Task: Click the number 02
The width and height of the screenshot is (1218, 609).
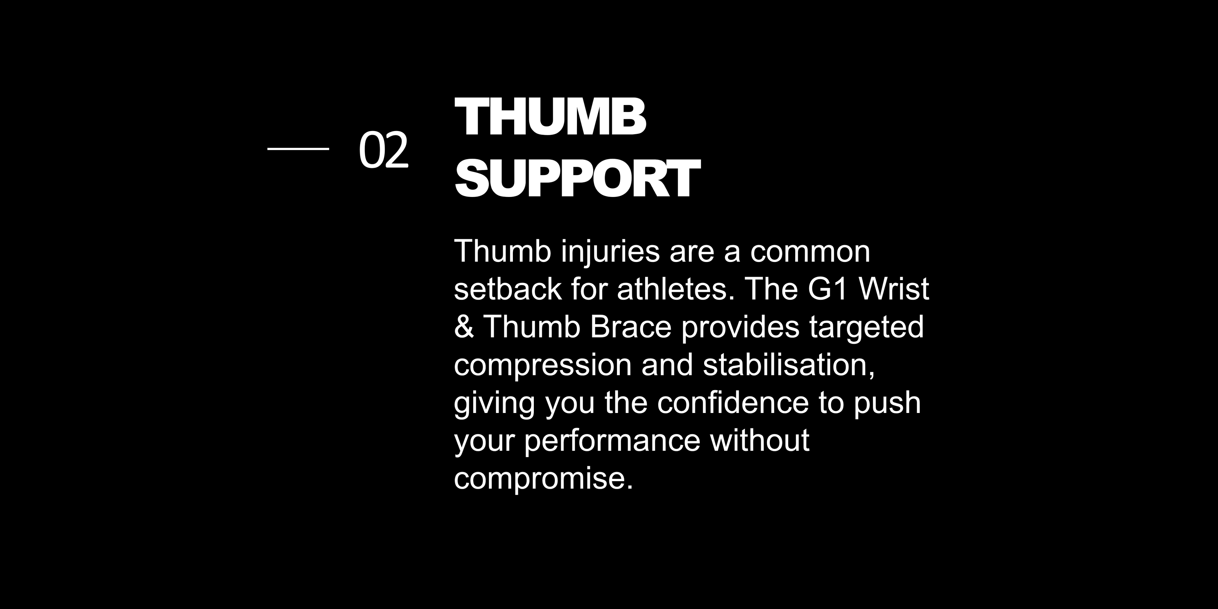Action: tap(383, 149)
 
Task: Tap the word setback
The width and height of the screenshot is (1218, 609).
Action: tap(508, 289)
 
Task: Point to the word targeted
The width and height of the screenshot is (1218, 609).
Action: tap(866, 328)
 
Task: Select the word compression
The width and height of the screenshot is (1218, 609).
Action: tap(542, 365)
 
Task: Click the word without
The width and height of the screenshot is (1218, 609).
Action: tap(760, 440)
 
